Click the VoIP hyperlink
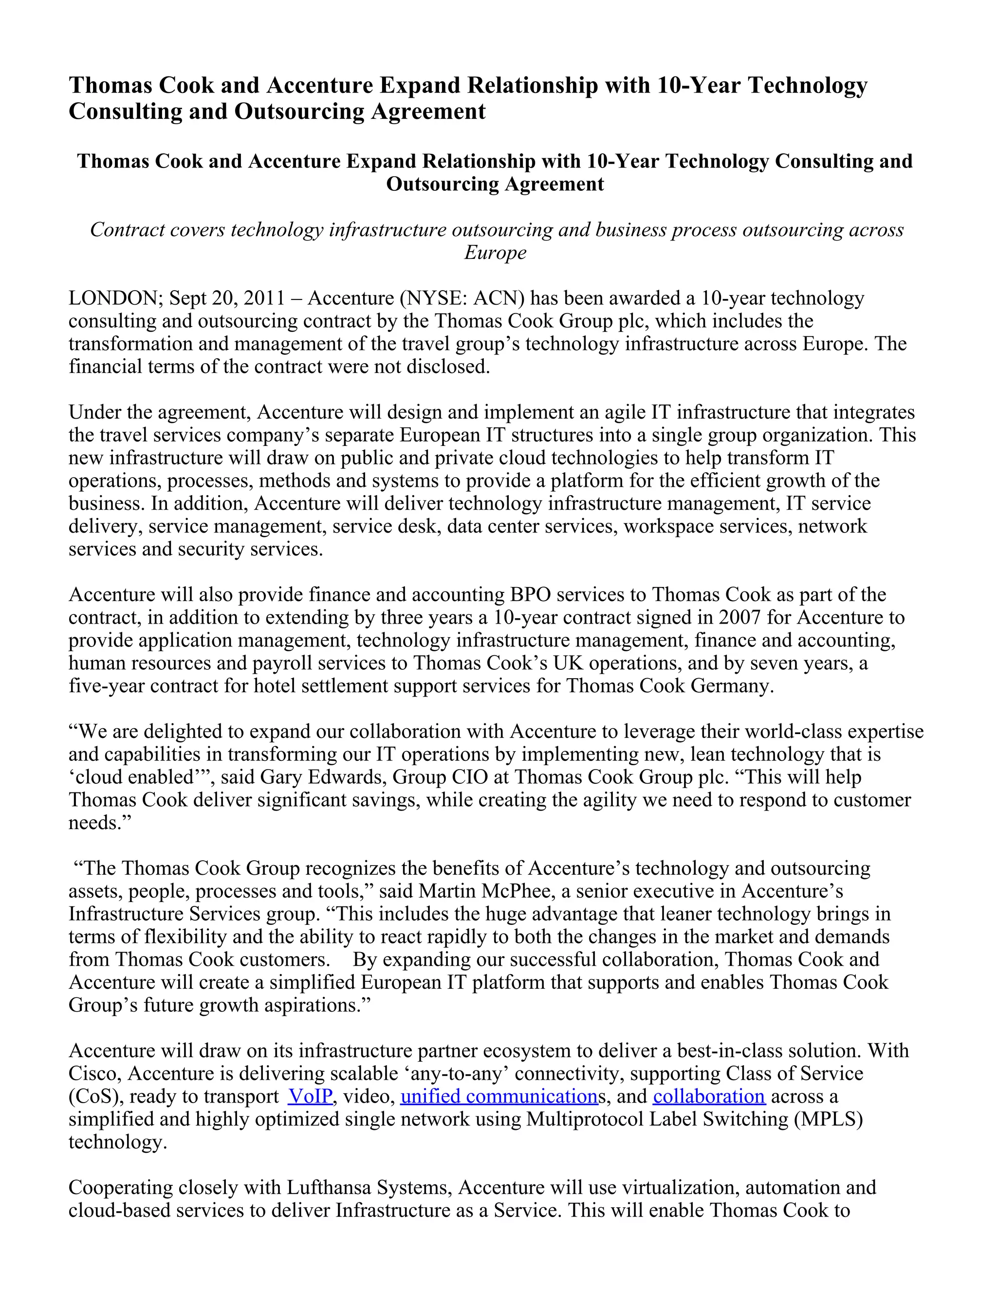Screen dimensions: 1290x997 310,1096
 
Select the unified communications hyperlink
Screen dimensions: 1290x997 498,1096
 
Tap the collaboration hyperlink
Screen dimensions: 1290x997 709,1096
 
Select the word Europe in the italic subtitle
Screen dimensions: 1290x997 495,253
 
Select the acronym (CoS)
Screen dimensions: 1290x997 96,1096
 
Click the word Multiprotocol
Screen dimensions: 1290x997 584,1119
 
